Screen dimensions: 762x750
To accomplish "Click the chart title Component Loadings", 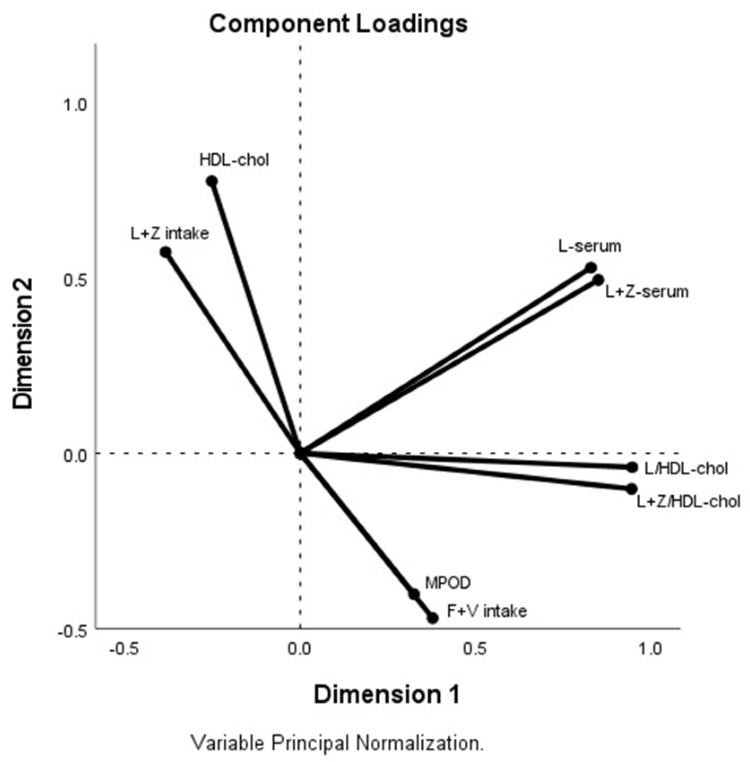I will click(x=338, y=23).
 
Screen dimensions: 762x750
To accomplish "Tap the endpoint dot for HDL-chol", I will click(x=212, y=181).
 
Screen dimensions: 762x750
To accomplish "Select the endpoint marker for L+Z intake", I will click(x=166, y=252).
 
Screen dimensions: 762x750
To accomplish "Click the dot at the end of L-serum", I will click(x=591, y=268).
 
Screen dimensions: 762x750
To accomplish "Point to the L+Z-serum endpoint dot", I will click(x=598, y=280).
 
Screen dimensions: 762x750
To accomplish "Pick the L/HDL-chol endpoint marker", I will click(x=632, y=468).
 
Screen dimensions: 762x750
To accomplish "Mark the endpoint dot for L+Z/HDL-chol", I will click(x=632, y=489).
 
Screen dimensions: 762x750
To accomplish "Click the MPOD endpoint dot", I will click(x=414, y=594).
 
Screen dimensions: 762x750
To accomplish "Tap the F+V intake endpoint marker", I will click(x=433, y=618).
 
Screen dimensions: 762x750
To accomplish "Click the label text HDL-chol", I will click(x=234, y=160).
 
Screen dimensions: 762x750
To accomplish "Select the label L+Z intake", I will click(x=170, y=234).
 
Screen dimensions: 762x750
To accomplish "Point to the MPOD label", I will click(x=448, y=583).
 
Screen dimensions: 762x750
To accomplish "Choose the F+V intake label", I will click(x=486, y=611).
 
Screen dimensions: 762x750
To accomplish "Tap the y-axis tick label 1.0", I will click(x=74, y=105).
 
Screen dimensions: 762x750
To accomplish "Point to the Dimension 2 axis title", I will click(x=23, y=343).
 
